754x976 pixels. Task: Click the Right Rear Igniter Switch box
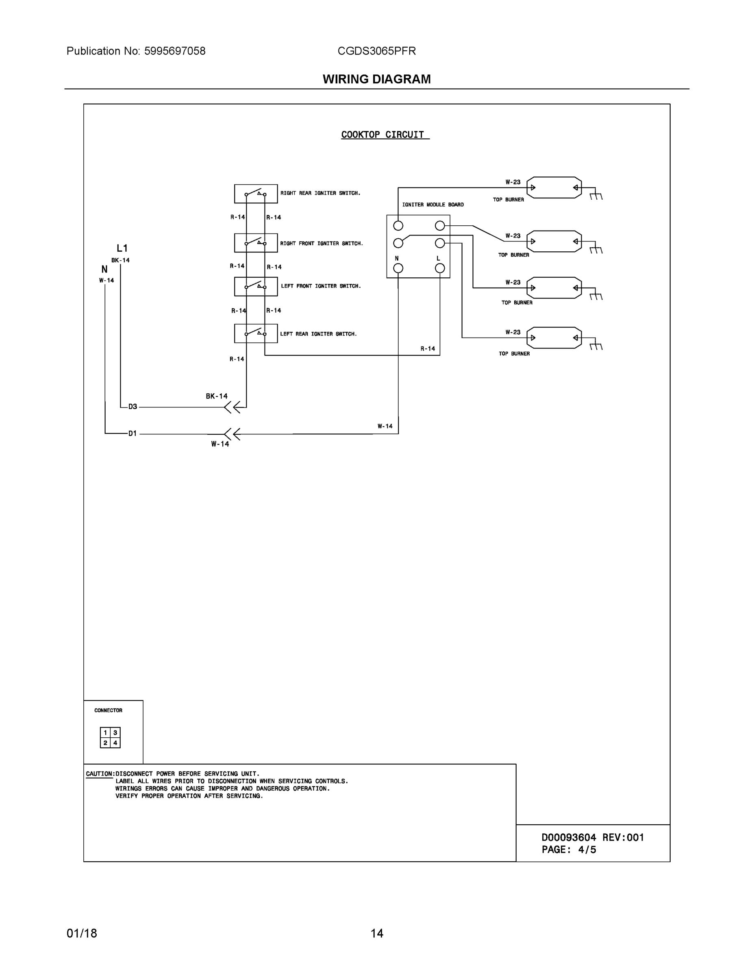[256, 194]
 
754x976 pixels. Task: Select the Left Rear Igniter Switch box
[256, 333]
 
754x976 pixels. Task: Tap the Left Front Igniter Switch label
[320, 286]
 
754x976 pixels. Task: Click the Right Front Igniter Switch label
[321, 244]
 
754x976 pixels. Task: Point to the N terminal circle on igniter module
[398, 268]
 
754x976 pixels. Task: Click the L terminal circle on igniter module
[439, 268]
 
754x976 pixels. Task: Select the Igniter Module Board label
[432, 205]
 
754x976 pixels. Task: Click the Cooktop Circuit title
[382, 135]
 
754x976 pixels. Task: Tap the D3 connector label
[133, 407]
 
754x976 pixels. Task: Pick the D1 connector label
[133, 434]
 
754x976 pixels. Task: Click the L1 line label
[122, 248]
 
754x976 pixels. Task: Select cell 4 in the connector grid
[115, 743]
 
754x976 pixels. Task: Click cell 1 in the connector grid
[105, 733]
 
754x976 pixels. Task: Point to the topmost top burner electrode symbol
[554, 188]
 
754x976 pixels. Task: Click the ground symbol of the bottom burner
[596, 346]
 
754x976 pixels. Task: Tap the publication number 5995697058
[175, 51]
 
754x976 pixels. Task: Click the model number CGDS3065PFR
[376, 51]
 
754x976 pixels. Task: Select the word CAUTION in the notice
[99, 773]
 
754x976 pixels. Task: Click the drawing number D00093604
[568, 837]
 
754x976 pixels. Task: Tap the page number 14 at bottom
[376, 933]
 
